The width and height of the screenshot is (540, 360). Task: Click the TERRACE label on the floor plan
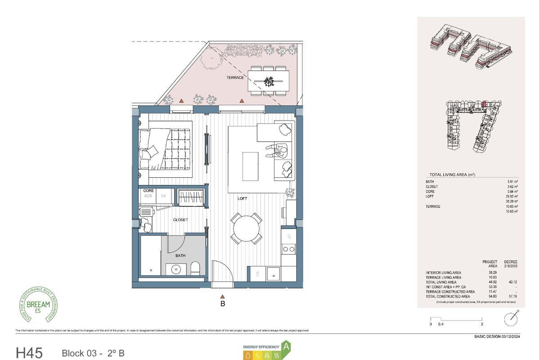235,77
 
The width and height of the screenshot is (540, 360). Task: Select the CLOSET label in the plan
180,220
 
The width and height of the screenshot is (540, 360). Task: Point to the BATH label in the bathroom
180,256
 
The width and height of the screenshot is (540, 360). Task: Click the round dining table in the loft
246,228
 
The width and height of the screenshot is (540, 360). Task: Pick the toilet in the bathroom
196,269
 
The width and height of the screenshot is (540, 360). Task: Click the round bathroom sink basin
175,270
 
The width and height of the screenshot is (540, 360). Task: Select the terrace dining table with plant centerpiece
269,81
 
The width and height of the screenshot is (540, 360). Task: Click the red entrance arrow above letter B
222,296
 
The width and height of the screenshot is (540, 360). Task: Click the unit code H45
29,352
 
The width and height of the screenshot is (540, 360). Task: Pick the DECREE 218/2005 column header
511,264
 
